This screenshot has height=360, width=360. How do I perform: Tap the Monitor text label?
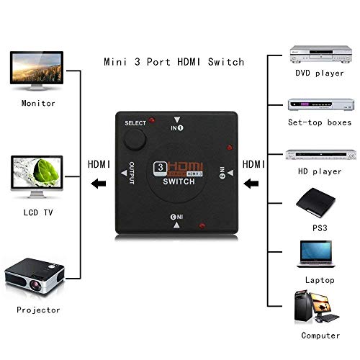pos(38,103)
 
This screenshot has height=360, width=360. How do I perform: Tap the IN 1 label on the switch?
pos(176,128)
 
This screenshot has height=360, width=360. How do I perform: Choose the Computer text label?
pos(321,336)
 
